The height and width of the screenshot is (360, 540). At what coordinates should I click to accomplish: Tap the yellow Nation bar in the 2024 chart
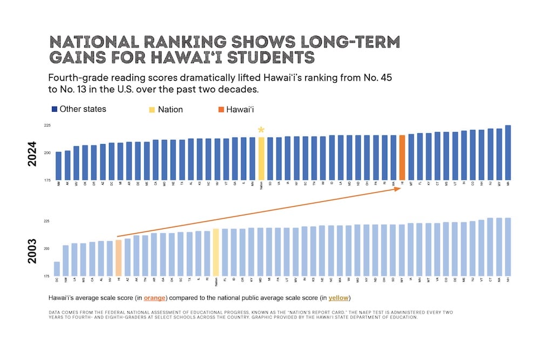[261, 158]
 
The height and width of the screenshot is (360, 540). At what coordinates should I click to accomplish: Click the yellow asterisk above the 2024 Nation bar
[261, 130]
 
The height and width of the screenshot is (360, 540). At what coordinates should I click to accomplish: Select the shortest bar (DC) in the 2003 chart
[57, 268]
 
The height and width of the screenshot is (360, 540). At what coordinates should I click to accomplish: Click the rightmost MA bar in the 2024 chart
[508, 153]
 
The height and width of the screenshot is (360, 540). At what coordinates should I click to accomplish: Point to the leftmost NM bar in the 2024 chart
[58, 166]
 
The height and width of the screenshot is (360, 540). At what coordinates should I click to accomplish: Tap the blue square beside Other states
[55, 110]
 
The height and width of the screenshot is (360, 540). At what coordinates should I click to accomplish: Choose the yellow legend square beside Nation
[152, 110]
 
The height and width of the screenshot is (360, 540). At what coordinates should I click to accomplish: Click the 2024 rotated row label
[32, 154]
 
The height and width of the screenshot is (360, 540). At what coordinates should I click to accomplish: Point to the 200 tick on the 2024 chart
[47, 153]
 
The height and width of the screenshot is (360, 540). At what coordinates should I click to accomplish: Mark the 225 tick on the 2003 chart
[47, 221]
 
